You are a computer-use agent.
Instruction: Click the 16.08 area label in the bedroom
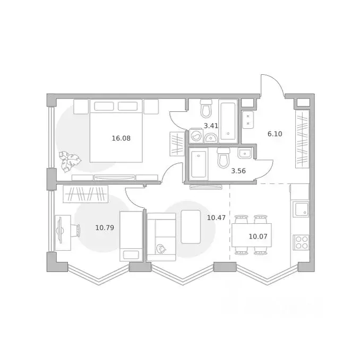click(121, 138)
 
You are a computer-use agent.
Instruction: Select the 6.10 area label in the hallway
click(274, 134)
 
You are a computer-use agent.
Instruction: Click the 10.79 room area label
click(105, 228)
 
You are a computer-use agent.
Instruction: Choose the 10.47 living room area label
click(216, 217)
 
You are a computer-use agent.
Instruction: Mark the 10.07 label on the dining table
click(257, 235)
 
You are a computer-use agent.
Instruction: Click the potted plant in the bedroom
click(69, 161)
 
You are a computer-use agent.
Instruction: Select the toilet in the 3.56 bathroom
click(223, 158)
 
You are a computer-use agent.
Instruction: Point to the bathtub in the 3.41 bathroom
click(228, 121)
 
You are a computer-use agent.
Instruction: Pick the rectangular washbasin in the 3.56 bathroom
click(245, 154)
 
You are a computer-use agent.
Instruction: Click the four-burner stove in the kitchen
click(301, 242)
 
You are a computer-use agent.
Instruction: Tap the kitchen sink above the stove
click(301, 209)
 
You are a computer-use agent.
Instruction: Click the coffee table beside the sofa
click(191, 227)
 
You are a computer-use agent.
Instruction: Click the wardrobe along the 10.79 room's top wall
click(85, 194)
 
